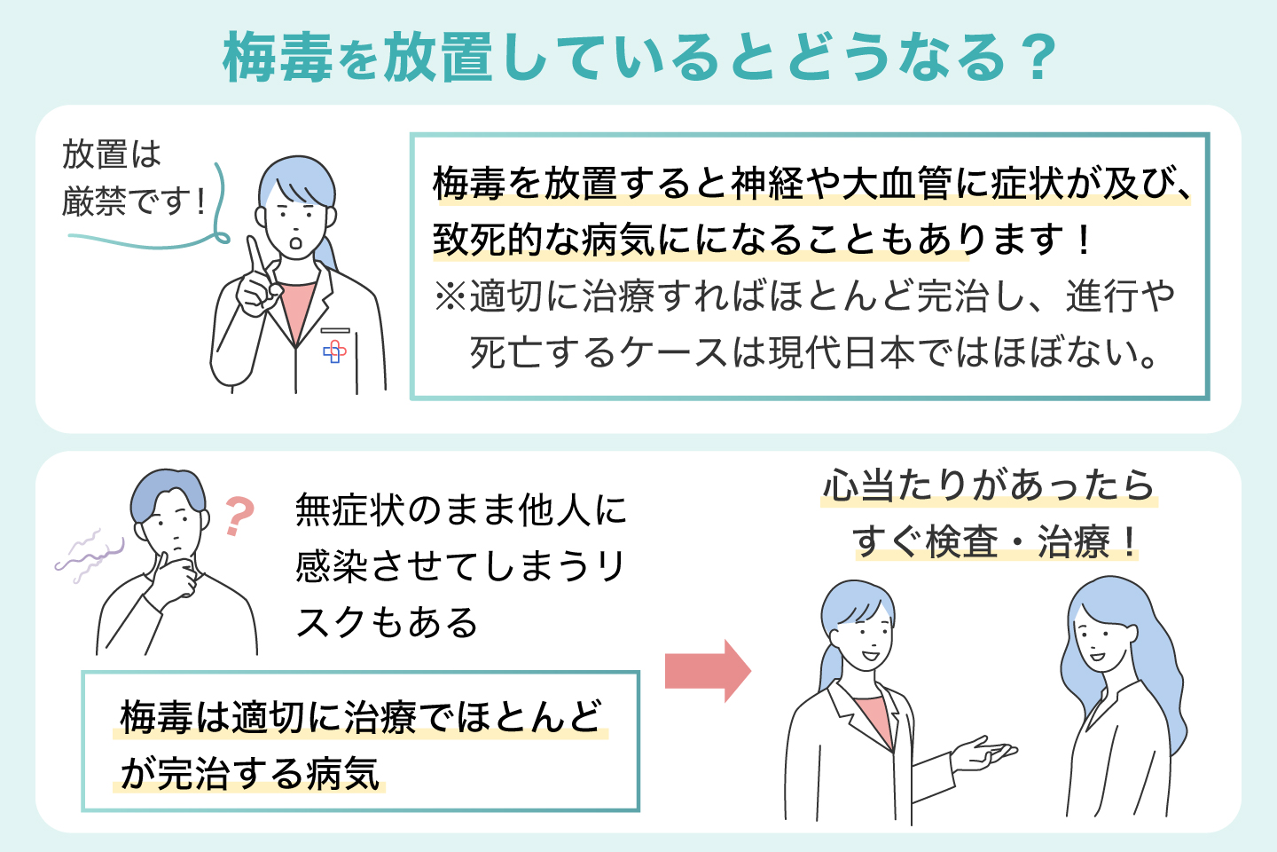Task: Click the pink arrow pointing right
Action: pos(708,671)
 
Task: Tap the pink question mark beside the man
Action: pos(238,515)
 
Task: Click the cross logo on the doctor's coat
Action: pos(334,352)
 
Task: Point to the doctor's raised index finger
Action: pos(255,255)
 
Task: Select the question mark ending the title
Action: pos(1034,59)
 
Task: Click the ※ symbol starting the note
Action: pos(450,296)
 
